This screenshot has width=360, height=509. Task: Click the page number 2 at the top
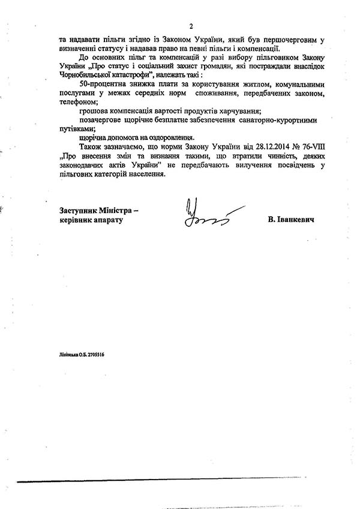[190, 26]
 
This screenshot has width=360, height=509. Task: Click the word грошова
[92, 112]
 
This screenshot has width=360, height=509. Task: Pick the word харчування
[238, 112]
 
